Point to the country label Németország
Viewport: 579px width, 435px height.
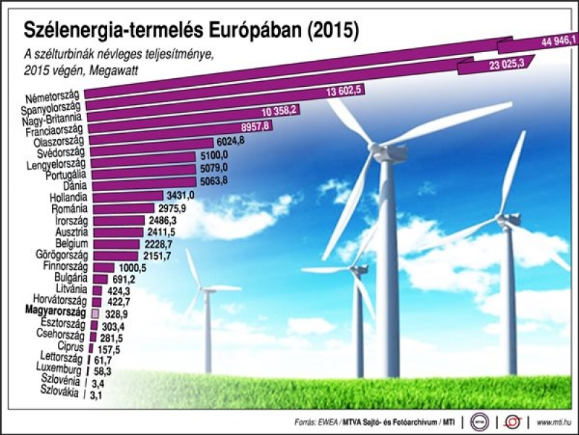coord(54,99)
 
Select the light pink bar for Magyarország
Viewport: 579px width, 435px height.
coord(94,313)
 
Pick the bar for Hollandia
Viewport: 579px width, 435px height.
coord(126,195)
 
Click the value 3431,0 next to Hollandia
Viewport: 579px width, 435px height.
coord(180,195)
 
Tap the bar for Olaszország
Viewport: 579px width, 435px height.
coord(151,143)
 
